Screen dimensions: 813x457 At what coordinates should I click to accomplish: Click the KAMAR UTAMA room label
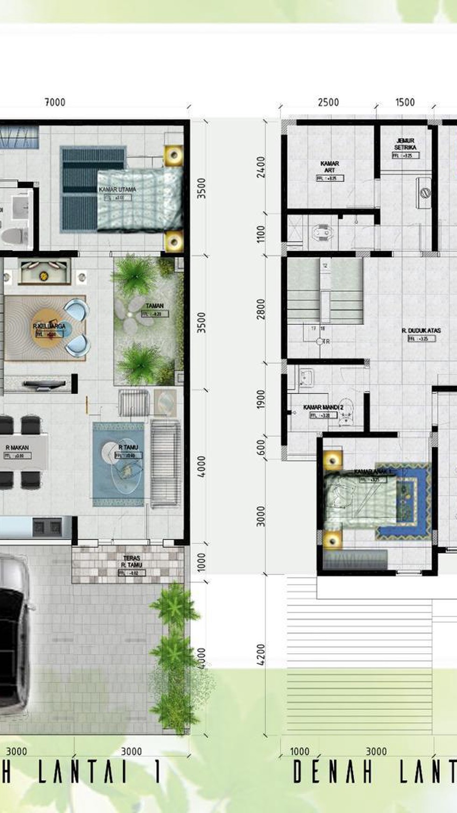pyautogui.click(x=117, y=190)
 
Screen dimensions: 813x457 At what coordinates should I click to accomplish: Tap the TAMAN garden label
pyautogui.click(x=155, y=306)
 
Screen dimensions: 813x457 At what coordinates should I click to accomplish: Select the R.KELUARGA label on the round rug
pyautogui.click(x=49, y=326)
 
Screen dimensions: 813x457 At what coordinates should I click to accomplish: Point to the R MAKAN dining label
pyautogui.click(x=17, y=448)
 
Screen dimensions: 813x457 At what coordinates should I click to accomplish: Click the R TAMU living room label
pyautogui.click(x=127, y=447)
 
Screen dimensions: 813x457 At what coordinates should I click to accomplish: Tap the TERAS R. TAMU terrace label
pyautogui.click(x=132, y=562)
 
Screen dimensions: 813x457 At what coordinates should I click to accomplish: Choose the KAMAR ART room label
pyautogui.click(x=330, y=167)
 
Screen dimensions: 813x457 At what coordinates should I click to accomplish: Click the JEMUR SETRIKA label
pyautogui.click(x=405, y=144)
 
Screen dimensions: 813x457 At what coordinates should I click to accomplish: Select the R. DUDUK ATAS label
pyautogui.click(x=421, y=331)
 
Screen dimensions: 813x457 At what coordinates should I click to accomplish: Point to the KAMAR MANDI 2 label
pyautogui.click(x=323, y=407)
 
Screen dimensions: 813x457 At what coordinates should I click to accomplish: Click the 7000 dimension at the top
pyautogui.click(x=55, y=102)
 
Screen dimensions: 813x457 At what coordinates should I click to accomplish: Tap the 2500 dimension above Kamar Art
pyautogui.click(x=328, y=102)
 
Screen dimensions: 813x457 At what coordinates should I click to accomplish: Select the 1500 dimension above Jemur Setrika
pyautogui.click(x=405, y=102)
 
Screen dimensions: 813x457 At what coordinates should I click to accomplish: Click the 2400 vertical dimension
pyautogui.click(x=261, y=167)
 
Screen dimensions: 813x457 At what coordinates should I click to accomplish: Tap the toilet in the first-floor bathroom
pyautogui.click(x=10, y=236)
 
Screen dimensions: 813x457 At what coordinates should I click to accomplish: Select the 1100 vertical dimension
pyautogui.click(x=261, y=234)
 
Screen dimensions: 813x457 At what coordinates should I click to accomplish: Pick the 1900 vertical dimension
pyautogui.click(x=261, y=399)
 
